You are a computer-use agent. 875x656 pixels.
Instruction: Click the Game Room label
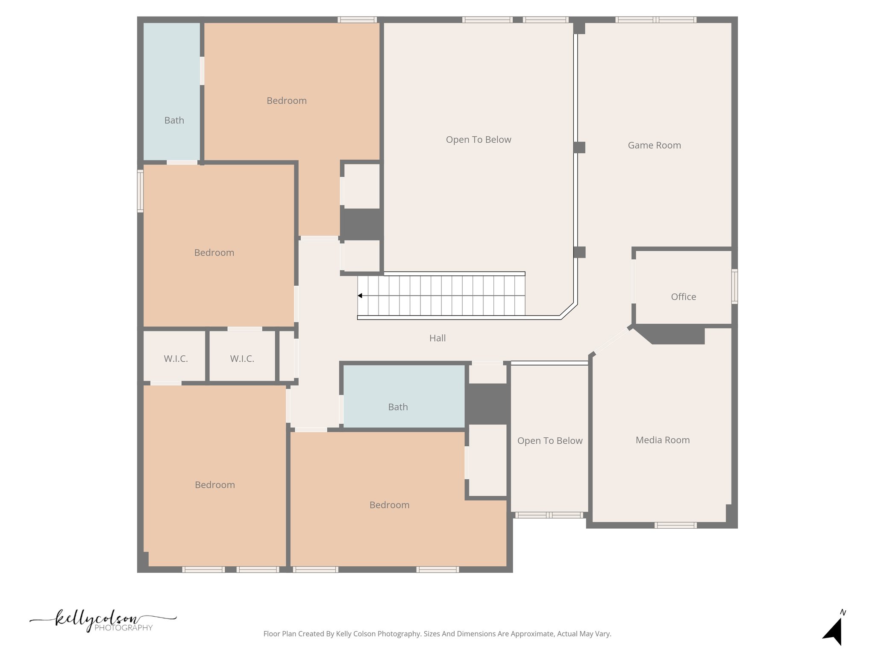(654, 145)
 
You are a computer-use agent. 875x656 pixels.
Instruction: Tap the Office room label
(683, 297)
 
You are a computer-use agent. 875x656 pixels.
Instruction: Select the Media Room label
(662, 440)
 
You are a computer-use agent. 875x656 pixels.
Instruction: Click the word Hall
(437, 338)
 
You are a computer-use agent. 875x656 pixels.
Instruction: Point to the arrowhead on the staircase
(360, 296)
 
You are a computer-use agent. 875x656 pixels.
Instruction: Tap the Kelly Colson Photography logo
(103, 621)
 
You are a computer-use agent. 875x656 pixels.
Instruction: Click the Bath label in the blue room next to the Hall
(398, 407)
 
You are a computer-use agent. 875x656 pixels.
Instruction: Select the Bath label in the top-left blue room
(174, 120)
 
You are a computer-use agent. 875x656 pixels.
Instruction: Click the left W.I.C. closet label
(176, 359)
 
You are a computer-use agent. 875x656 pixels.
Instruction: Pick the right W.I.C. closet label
(242, 359)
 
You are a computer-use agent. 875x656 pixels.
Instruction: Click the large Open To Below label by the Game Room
(478, 140)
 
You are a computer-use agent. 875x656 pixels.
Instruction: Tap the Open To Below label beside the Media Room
(549, 441)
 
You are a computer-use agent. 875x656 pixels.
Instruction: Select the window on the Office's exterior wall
(734, 286)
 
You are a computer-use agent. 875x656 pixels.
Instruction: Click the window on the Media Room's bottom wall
(675, 525)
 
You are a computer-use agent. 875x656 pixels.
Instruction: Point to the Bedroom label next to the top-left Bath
(286, 101)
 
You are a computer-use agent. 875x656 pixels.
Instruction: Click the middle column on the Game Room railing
(579, 147)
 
